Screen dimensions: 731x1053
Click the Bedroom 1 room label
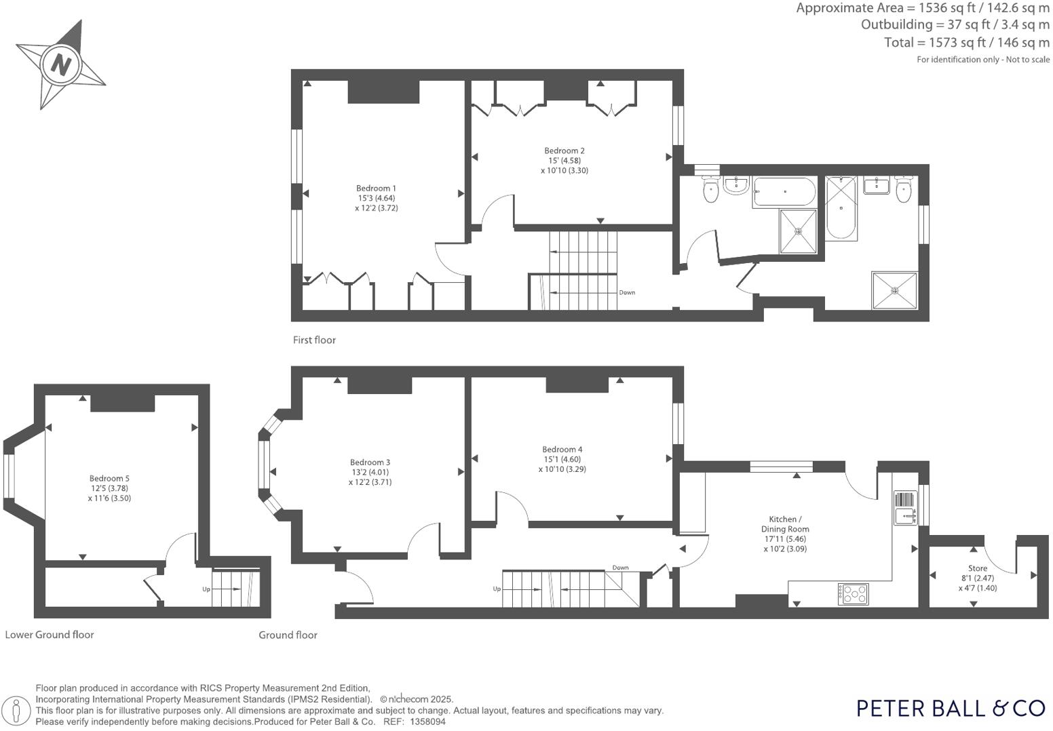coord(376,189)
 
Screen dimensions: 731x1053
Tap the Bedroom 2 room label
coord(564,151)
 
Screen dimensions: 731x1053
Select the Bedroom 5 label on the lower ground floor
coord(109,478)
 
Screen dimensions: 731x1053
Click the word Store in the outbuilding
coord(978,568)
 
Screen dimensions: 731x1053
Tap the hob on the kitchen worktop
coord(854,594)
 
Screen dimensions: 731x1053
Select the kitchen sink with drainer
coord(905,509)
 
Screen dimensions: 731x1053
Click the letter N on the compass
coord(62,65)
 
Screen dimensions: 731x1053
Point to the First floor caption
coord(314,340)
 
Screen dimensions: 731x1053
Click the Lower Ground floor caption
coord(50,635)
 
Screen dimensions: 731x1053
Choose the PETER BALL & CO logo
coord(951,708)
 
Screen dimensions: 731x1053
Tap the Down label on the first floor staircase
coord(627,293)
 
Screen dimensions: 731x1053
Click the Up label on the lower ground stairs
coord(206,589)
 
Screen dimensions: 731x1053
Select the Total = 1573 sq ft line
coord(966,42)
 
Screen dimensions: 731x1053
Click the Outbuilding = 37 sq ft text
coord(955,24)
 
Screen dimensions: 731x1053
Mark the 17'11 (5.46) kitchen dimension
coord(785,539)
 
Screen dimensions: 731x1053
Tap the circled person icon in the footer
coord(20,711)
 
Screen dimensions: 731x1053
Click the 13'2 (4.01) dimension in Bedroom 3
coord(370,473)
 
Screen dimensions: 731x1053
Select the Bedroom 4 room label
coord(562,449)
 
